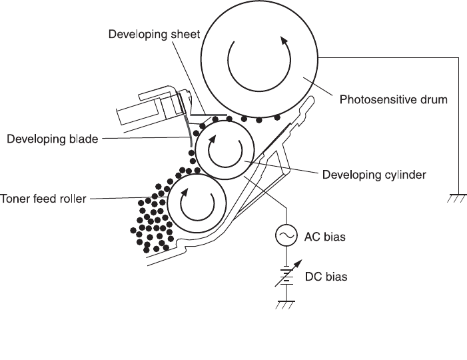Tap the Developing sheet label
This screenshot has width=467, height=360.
coord(154,34)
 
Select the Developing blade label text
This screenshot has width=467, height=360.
coord(53,139)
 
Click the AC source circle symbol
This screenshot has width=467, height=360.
coord(286,235)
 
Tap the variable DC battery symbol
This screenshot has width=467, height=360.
coord(286,275)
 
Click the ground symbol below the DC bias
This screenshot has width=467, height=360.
coord(286,306)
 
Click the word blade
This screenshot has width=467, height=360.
coord(85,139)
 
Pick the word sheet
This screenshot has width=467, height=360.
coord(185,34)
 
